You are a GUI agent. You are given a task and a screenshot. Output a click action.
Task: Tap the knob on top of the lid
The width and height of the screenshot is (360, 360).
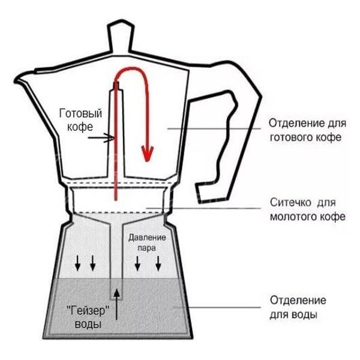[x=121, y=37]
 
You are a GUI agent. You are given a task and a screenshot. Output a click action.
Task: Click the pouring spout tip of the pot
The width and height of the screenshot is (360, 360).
[x=17, y=80]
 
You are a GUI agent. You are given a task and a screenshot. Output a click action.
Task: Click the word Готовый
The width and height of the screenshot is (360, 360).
[x=80, y=113]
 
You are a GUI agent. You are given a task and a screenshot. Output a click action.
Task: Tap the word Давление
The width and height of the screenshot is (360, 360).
[x=147, y=238]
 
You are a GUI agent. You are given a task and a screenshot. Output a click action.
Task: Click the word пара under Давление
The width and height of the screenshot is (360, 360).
[x=146, y=248]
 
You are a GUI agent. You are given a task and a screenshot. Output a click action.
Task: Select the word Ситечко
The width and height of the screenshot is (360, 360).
[x=290, y=203]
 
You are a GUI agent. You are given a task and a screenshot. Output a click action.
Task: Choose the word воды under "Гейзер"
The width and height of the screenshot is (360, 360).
[x=88, y=324]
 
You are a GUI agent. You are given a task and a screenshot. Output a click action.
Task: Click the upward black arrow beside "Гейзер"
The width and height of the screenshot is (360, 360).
[x=117, y=304]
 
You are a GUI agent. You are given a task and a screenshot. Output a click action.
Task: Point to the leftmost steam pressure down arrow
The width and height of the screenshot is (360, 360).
[x=78, y=263]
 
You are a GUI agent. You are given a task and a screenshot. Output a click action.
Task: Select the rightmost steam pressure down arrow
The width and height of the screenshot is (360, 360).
[x=158, y=263]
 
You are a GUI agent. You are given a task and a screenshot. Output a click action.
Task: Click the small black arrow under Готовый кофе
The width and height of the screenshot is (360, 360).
[x=101, y=138]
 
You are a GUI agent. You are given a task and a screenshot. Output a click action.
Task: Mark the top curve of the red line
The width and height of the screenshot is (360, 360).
[x=131, y=68]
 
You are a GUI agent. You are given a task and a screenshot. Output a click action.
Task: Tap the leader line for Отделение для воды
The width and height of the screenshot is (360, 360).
[x=217, y=307]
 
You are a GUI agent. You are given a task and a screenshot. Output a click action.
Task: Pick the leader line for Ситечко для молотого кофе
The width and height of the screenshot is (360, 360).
[x=203, y=208]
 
